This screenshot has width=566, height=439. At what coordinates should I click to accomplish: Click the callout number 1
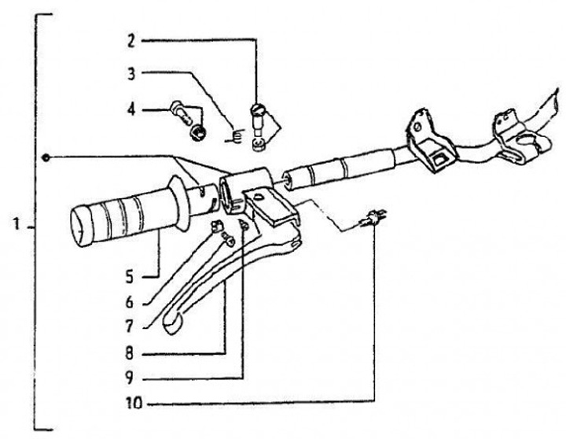pos(16,226)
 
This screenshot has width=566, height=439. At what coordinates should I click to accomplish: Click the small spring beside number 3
pos(232,135)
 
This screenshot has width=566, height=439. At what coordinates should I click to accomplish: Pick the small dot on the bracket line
pos(46,158)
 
